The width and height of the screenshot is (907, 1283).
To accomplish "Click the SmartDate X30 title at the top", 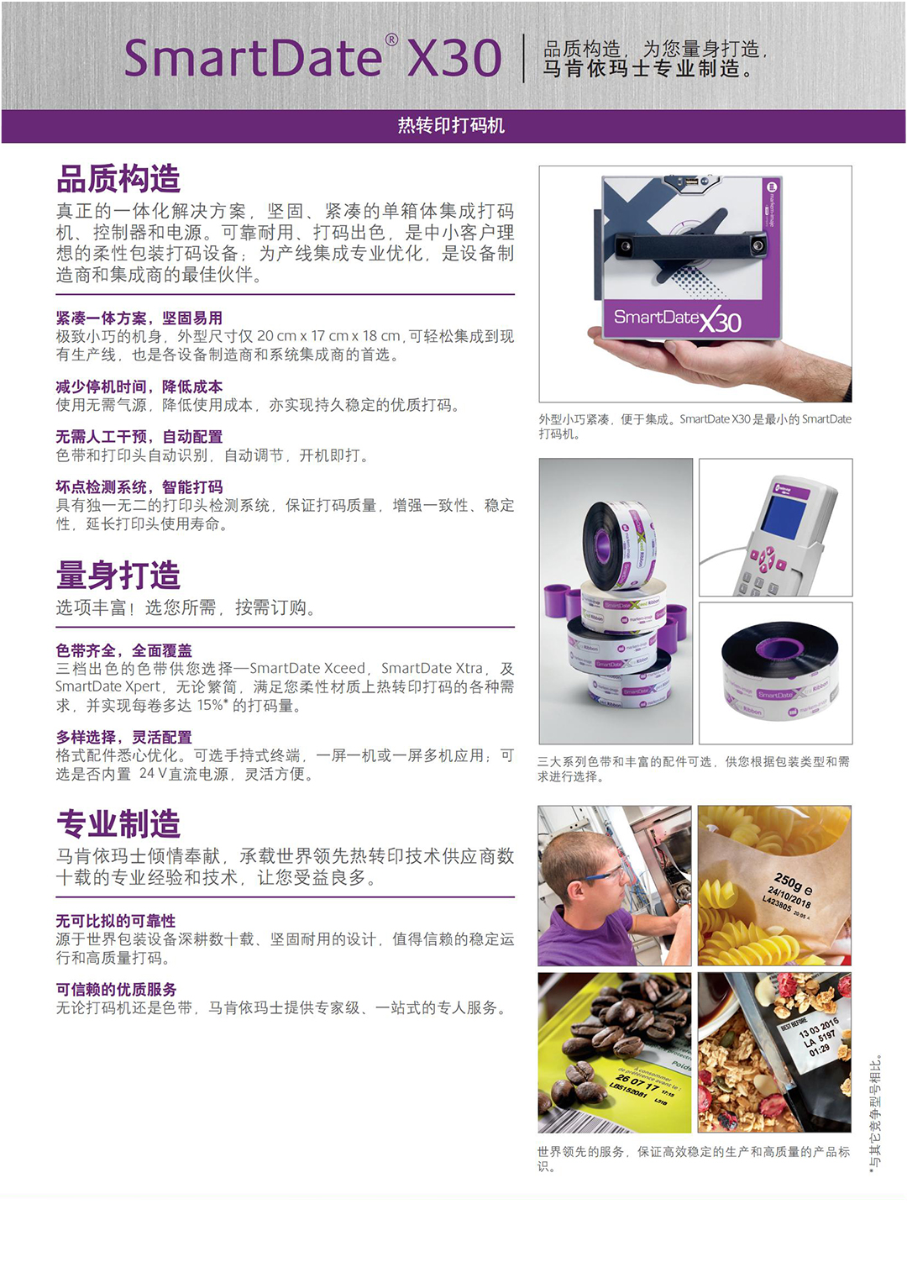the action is [312, 58].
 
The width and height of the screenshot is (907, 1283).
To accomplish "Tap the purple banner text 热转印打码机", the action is [451, 125].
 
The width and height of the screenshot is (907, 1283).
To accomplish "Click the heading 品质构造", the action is [118, 179].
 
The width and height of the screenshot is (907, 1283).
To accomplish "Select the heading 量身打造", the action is [118, 575].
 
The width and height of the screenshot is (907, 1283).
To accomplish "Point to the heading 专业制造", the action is [118, 823].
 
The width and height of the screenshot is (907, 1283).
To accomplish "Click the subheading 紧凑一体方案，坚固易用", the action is [139, 318].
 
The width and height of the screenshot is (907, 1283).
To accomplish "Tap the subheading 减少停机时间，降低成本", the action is [139, 386].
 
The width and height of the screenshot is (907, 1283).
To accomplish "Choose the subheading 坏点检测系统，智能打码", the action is [139, 486].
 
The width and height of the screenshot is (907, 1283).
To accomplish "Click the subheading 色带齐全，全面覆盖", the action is [123, 650].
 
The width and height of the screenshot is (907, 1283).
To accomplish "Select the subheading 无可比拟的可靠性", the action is [116, 920].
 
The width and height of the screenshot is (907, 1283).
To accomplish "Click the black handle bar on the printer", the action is [691, 245].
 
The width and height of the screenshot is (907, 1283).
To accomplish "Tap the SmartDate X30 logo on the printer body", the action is [678, 318].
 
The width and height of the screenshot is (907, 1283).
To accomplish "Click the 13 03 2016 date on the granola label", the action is [818, 1027].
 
